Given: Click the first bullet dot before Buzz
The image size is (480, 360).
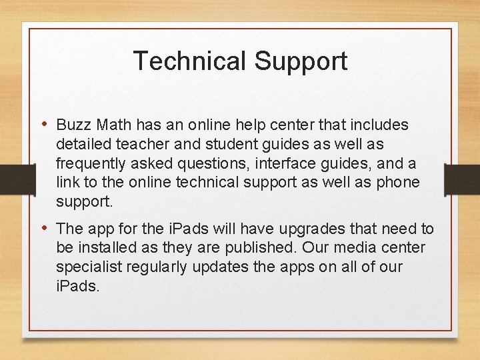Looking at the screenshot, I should (x=45, y=124).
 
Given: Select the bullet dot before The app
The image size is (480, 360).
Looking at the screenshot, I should (x=45, y=228).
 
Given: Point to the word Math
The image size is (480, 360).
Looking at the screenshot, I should (x=113, y=125).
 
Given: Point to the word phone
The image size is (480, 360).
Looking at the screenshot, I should (x=395, y=182).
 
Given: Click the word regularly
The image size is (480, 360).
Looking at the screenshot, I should (x=159, y=267).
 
